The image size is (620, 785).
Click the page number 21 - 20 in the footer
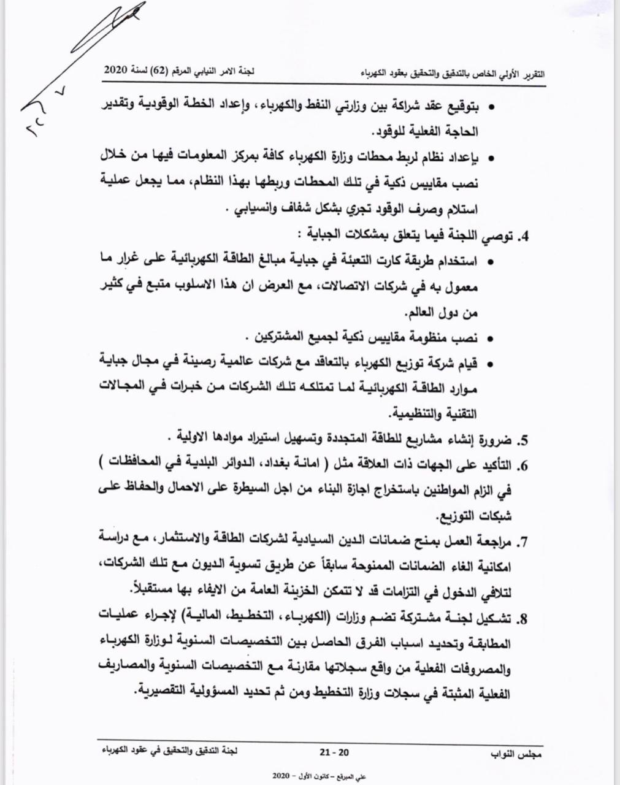[x=334, y=752]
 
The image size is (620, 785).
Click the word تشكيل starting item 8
[x=494, y=619]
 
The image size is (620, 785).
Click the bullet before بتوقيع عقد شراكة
[x=491, y=107]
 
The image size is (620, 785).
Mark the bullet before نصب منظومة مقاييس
[x=491, y=339]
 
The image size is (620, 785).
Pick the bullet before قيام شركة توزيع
[x=491, y=364]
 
